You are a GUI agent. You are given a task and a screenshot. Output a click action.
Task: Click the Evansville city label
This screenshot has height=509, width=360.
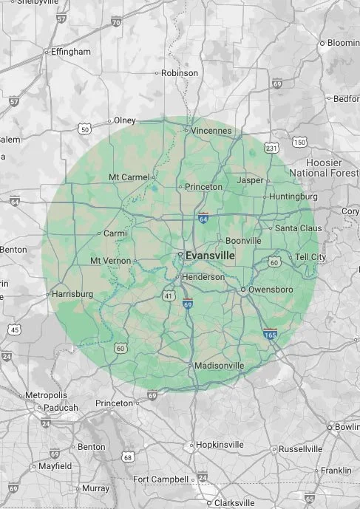point(210,255)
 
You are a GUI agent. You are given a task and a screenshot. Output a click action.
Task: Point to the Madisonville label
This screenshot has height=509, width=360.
point(221,366)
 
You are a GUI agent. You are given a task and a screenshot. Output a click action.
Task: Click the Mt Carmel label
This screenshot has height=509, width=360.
point(129,177)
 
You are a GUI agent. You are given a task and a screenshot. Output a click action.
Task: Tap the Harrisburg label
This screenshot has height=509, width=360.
point(72,294)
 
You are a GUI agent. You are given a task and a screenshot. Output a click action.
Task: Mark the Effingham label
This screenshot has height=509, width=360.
point(70,52)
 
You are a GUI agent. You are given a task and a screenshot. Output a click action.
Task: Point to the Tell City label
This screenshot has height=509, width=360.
point(310,256)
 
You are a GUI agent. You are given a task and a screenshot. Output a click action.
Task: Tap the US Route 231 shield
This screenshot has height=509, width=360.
point(272,148)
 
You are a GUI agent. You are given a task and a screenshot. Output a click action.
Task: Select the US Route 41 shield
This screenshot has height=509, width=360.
point(169,296)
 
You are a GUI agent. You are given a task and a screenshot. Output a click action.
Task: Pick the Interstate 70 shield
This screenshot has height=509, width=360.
point(116,23)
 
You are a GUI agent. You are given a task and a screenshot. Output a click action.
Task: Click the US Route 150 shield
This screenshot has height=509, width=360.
point(299,142)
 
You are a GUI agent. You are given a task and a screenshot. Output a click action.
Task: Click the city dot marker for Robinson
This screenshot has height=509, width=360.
point(157,73)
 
